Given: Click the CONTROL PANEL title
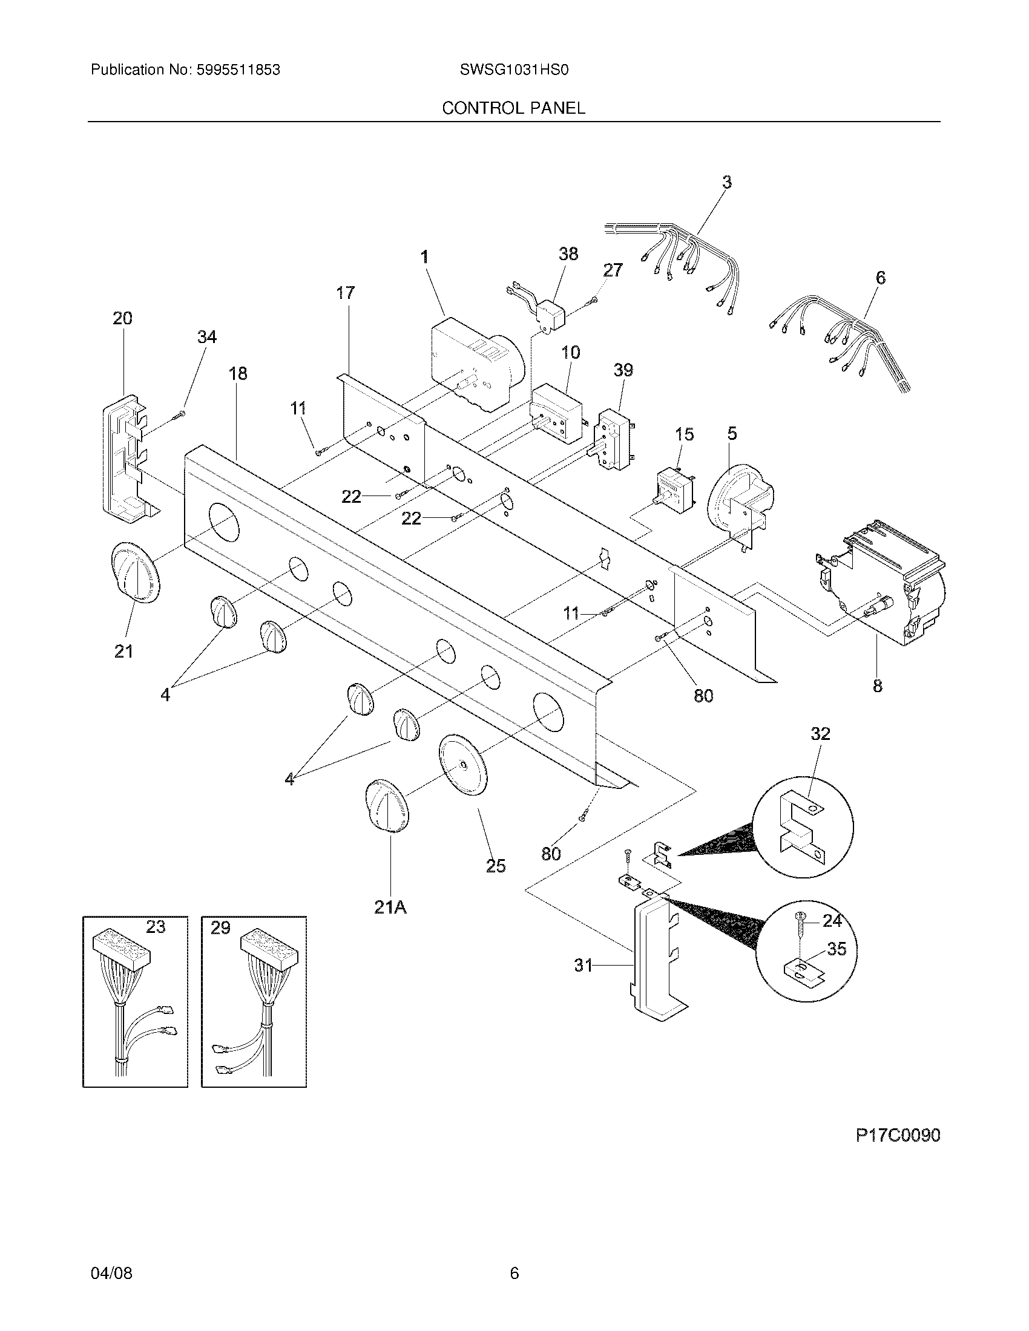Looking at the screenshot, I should [513, 108].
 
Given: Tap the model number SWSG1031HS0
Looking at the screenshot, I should [514, 70].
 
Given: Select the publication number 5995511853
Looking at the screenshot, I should [238, 70].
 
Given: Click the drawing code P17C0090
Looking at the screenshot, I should [898, 1136].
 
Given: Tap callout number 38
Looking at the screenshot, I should [568, 253].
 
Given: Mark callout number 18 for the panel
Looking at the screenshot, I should [238, 373].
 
